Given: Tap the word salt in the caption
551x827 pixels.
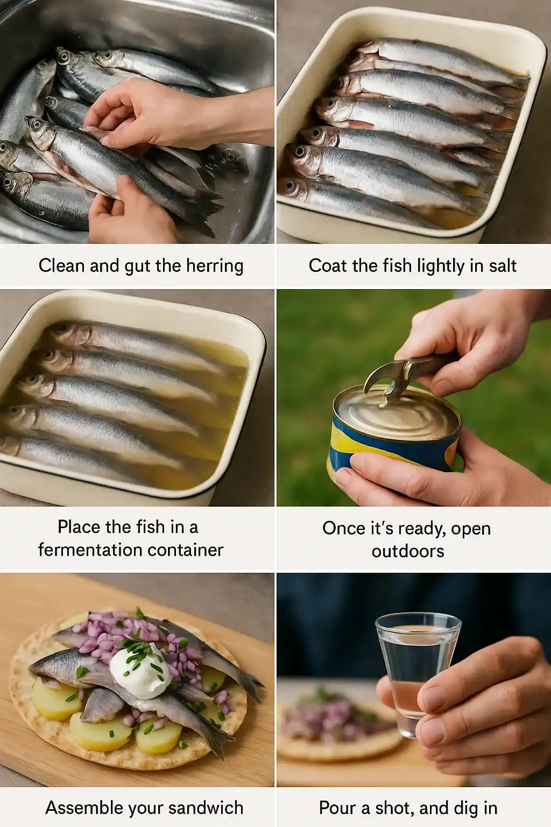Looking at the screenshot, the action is pos(503,265).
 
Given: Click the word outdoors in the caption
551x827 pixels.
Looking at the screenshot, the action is pos(408,551).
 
